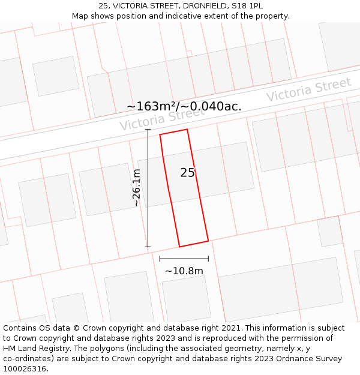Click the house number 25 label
coord(188,173)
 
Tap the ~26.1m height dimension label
coord(137,188)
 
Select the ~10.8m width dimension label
coord(184,271)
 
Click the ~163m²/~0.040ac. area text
coord(184,106)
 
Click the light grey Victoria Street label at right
coord(308,89)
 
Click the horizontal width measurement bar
coord(184,259)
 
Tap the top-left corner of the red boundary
coord(160,135)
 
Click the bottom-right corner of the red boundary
coord(208,241)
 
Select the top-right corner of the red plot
coord(187,130)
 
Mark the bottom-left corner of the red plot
coord(179,247)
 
